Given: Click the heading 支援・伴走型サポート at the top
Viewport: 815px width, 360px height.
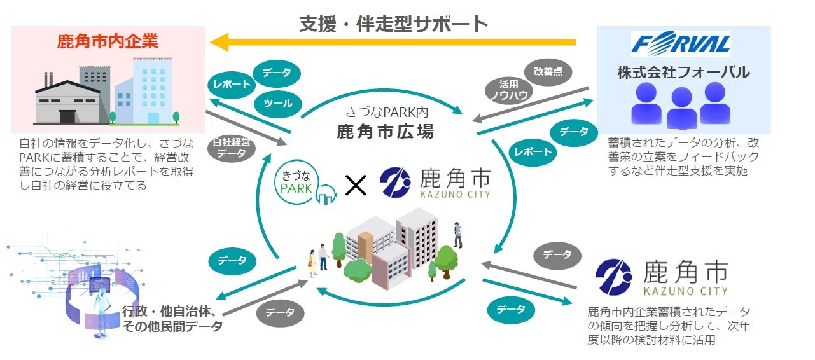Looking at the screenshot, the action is pos(394,24).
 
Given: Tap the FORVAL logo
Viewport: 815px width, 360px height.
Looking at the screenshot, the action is pos(680,45).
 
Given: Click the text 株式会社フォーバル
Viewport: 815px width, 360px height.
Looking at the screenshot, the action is pos(683,73).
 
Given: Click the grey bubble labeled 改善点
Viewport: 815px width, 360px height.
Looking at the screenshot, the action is pos(548,72).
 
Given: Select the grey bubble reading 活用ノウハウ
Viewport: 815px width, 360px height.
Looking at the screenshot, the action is pos(507,90).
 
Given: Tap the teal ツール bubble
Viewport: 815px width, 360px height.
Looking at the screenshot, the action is pos(277,104).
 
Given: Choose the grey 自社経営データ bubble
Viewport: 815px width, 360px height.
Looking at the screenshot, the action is pos(232,148).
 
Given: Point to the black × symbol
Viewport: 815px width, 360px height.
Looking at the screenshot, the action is pos(356,185).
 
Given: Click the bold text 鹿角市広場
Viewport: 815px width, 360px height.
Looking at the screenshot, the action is pos(385,132).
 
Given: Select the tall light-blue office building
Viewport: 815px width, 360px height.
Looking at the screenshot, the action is pos(151,89).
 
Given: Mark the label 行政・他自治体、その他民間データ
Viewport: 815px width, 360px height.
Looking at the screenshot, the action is pos(172,319).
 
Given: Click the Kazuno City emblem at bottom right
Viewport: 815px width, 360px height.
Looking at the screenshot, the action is pos(614,278).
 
